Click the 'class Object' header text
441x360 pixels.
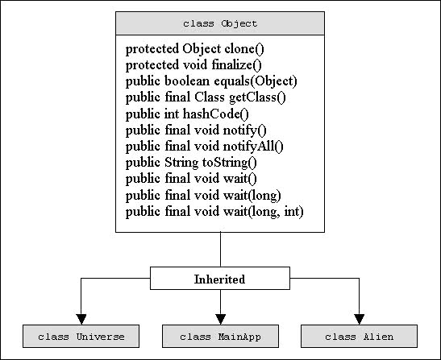click(220, 23)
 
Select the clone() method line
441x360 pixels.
click(195, 49)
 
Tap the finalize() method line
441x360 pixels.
click(193, 65)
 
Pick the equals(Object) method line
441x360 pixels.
click(211, 81)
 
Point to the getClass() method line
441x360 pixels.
click(206, 97)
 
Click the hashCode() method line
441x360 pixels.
click(187, 114)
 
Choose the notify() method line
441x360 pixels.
click(196, 130)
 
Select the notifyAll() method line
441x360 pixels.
click(205, 147)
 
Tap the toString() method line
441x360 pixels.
click(191, 163)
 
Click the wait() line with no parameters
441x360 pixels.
click(191, 179)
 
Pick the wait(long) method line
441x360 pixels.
click(203, 196)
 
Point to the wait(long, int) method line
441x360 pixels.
click(214, 212)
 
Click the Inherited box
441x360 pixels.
click(220, 278)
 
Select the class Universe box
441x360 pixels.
click(81, 337)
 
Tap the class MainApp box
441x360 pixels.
click(221, 337)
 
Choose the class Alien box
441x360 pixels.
click(359, 337)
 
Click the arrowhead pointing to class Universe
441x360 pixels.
click(81, 319)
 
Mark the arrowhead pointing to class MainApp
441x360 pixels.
click(221, 319)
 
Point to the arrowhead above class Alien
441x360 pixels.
click(359, 319)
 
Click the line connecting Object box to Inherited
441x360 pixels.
click(221, 250)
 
